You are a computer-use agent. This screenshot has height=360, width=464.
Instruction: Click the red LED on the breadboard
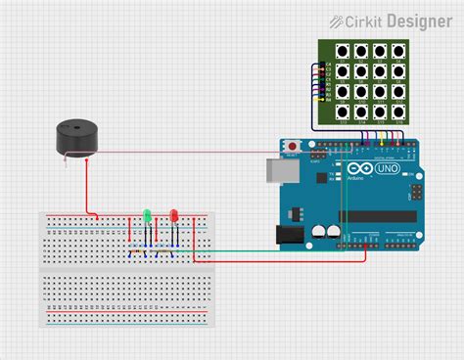173,214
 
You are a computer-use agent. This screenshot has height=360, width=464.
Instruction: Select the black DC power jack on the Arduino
289,235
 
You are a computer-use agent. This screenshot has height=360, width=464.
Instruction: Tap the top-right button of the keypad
398,51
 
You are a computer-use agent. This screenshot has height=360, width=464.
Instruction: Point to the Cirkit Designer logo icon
335,20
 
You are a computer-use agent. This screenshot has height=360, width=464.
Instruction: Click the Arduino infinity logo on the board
356,168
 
